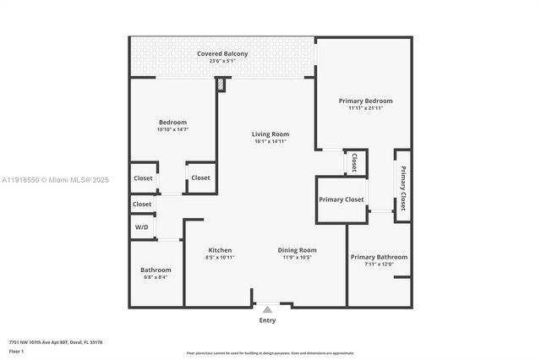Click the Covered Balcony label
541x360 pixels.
pos(222,54)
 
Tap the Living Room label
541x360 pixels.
pos(270,134)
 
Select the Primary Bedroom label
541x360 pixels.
pos(365,101)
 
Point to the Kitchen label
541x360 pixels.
pos(220,250)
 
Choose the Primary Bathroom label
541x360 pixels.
pos(379,257)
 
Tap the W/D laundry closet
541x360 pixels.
pos(142,227)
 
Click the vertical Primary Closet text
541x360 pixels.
pos(403,188)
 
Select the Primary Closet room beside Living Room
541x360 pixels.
pos(342,199)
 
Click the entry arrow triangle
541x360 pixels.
pos(267,310)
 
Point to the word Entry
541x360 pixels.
pos(267,320)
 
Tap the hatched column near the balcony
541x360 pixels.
pos(221,85)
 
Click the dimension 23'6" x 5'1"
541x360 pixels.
pos(222,63)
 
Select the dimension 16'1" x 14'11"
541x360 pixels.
pos(270,142)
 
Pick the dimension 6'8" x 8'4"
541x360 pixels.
pos(156,277)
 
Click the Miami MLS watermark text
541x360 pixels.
pos(55,180)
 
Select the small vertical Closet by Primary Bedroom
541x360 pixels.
pos(354,162)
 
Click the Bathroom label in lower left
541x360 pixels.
pos(156,270)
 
